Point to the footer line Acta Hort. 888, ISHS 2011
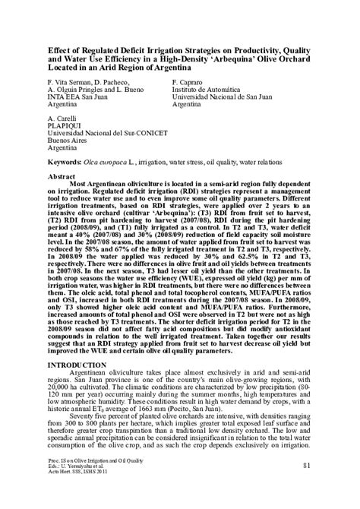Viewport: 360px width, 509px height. pos(80,474)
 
